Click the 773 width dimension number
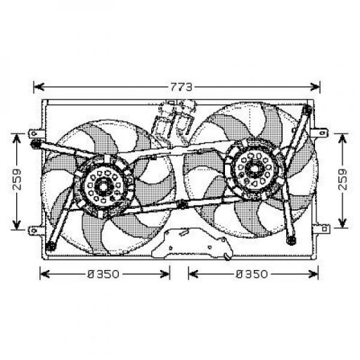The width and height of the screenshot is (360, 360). pyautogui.click(x=181, y=87)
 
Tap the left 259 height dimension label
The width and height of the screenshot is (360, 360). pyautogui.click(x=17, y=179)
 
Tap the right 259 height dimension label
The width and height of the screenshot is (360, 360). pyautogui.click(x=342, y=179)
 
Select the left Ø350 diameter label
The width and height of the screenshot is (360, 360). pyautogui.click(x=103, y=274)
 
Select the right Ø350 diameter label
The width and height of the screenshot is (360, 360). pyautogui.click(x=252, y=274)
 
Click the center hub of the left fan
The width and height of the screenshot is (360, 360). pyautogui.click(x=103, y=186)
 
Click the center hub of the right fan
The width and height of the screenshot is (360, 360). pyautogui.click(x=253, y=168)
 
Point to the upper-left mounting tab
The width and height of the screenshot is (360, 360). pyautogui.click(x=36, y=134)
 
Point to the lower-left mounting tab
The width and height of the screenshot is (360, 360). pyautogui.click(x=35, y=230)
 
